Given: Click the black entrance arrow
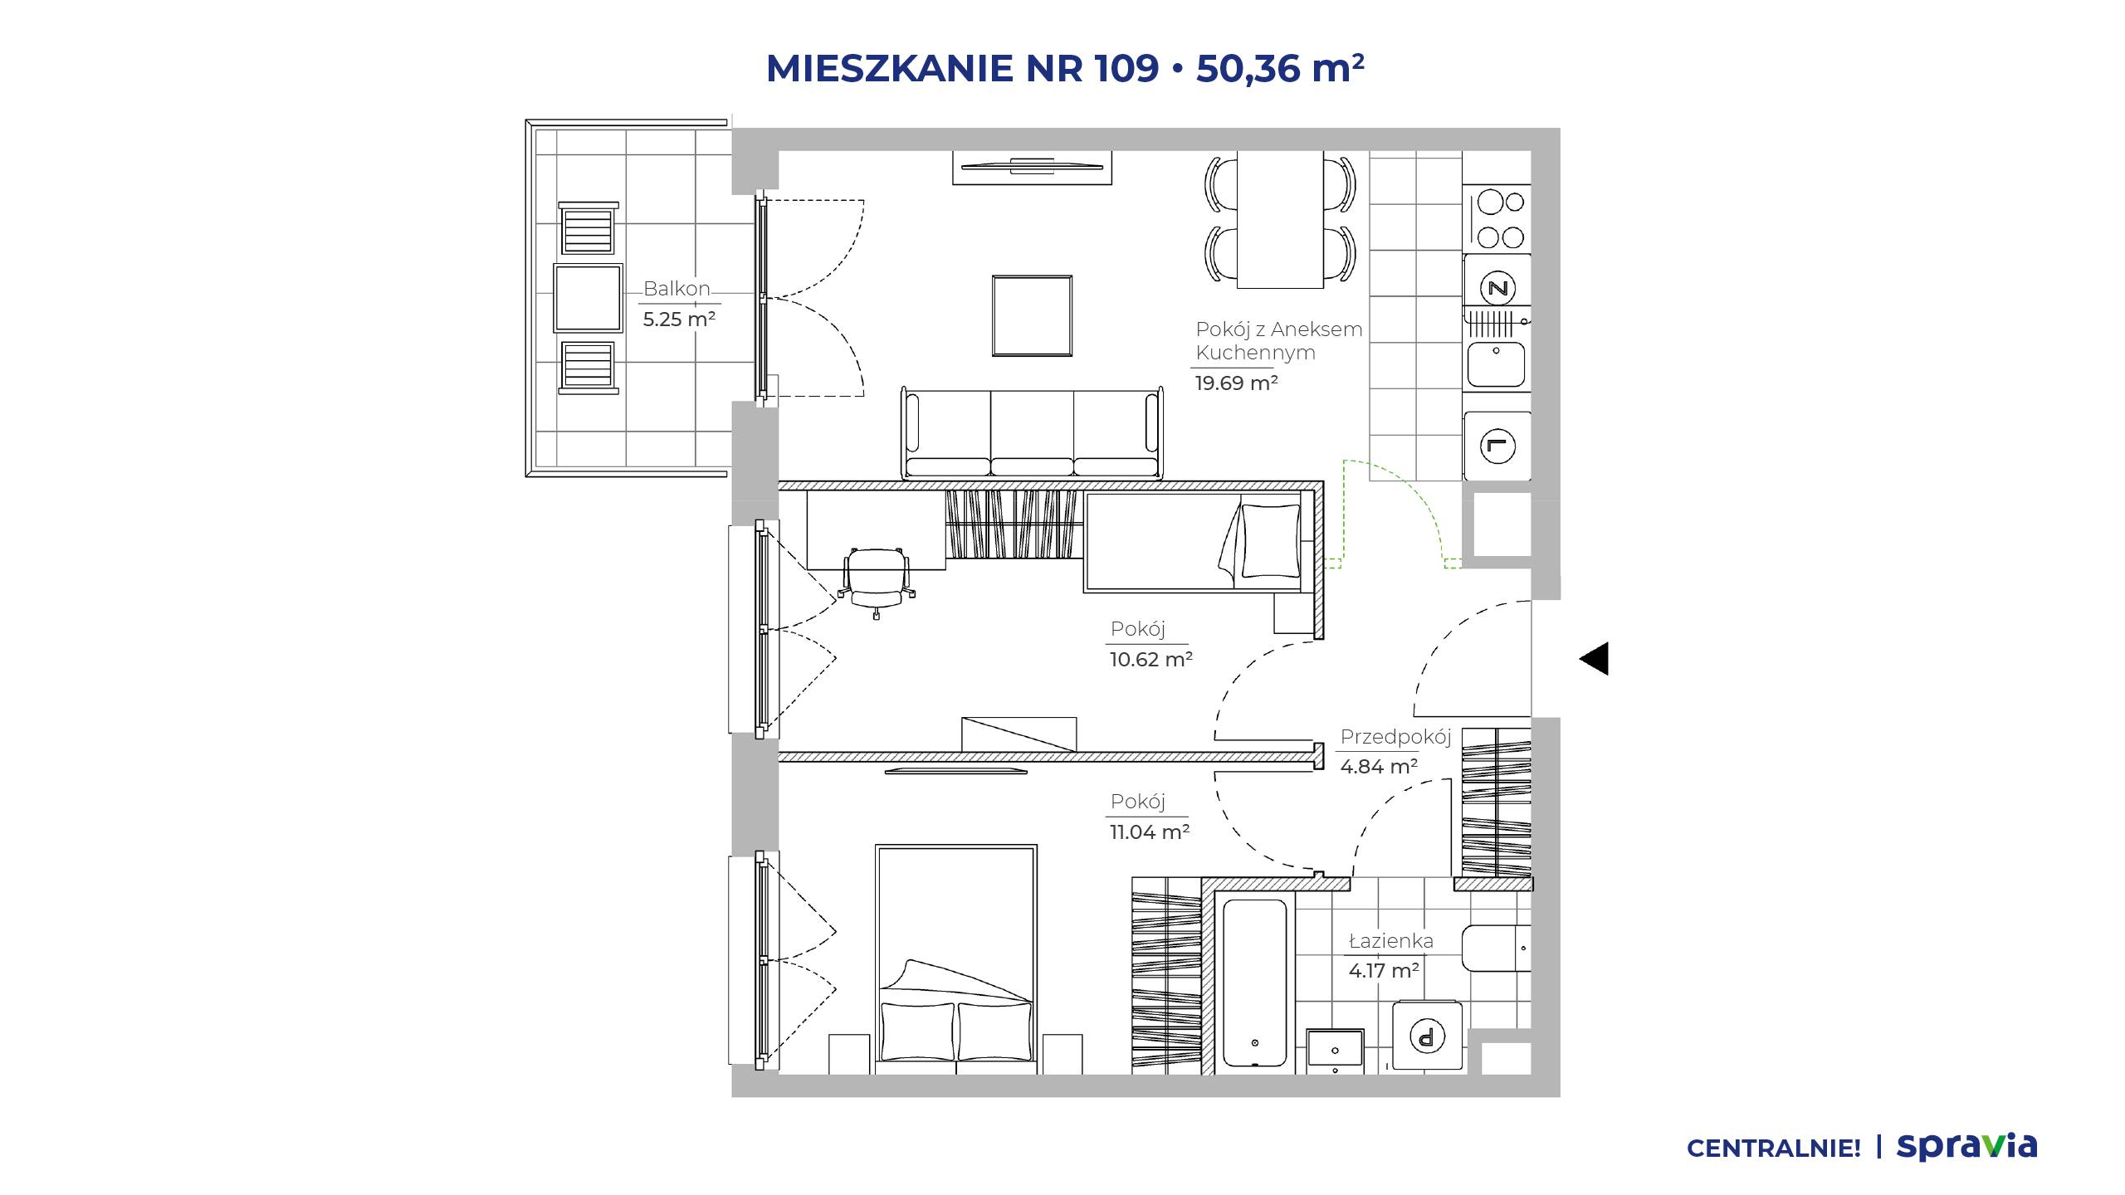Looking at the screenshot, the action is pyautogui.click(x=1595, y=659).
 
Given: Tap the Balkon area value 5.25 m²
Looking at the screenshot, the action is pyautogui.click(x=679, y=319).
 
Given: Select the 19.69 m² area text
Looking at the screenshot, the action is pyautogui.click(x=1236, y=383).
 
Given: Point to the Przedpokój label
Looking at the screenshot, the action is pyautogui.click(x=1395, y=737).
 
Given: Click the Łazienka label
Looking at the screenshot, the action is pyautogui.click(x=1391, y=941).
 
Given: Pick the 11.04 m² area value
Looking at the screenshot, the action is pyautogui.click(x=1150, y=832).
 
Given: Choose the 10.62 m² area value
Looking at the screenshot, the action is pyautogui.click(x=1151, y=659).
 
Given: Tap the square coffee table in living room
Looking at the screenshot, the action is pyautogui.click(x=1033, y=315).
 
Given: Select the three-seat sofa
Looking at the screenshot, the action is pyautogui.click(x=1032, y=433).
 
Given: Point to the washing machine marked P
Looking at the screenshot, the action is pyautogui.click(x=1428, y=1035).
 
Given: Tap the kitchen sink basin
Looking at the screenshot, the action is pyautogui.click(x=1497, y=364).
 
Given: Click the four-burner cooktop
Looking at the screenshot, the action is pyautogui.click(x=1500, y=219).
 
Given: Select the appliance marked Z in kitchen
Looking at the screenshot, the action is pyautogui.click(x=1498, y=289).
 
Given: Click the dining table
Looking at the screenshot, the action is pyautogui.click(x=1280, y=219).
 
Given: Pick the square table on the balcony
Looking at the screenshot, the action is pyautogui.click(x=588, y=298).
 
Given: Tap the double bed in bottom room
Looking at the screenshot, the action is pyautogui.click(x=956, y=960).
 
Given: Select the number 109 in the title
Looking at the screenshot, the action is pyautogui.click(x=1126, y=68).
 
